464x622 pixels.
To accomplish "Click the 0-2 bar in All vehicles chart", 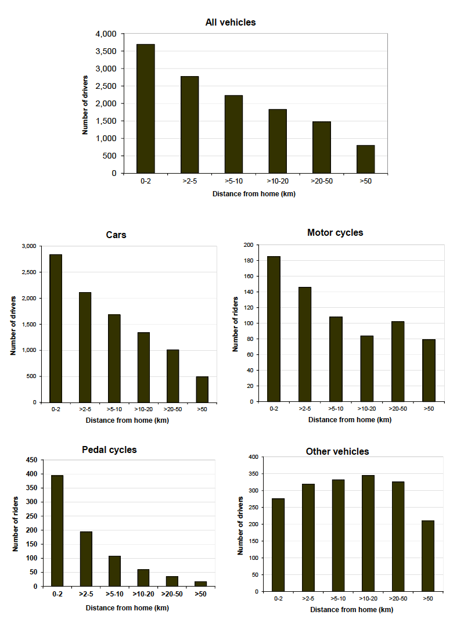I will pos(146,109).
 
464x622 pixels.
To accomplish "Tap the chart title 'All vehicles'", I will pos(231,23).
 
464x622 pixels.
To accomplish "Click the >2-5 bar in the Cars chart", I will pos(85,347).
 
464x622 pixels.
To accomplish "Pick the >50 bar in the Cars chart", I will pos(202,389).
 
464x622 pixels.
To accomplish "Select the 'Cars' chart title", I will pos(116,235).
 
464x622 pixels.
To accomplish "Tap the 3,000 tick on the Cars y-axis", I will pos(28,246).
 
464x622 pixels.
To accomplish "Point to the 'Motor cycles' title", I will pos(335,232).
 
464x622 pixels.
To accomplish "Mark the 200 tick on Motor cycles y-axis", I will pos(249,245).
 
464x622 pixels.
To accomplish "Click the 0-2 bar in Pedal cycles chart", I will pos(57,531).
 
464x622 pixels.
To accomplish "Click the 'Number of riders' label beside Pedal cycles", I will pos(15,523).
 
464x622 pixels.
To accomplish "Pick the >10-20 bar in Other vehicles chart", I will pos(368,533).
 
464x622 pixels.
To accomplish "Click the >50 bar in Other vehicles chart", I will pos(427,556).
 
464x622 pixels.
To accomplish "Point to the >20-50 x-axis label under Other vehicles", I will pos(398,598).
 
